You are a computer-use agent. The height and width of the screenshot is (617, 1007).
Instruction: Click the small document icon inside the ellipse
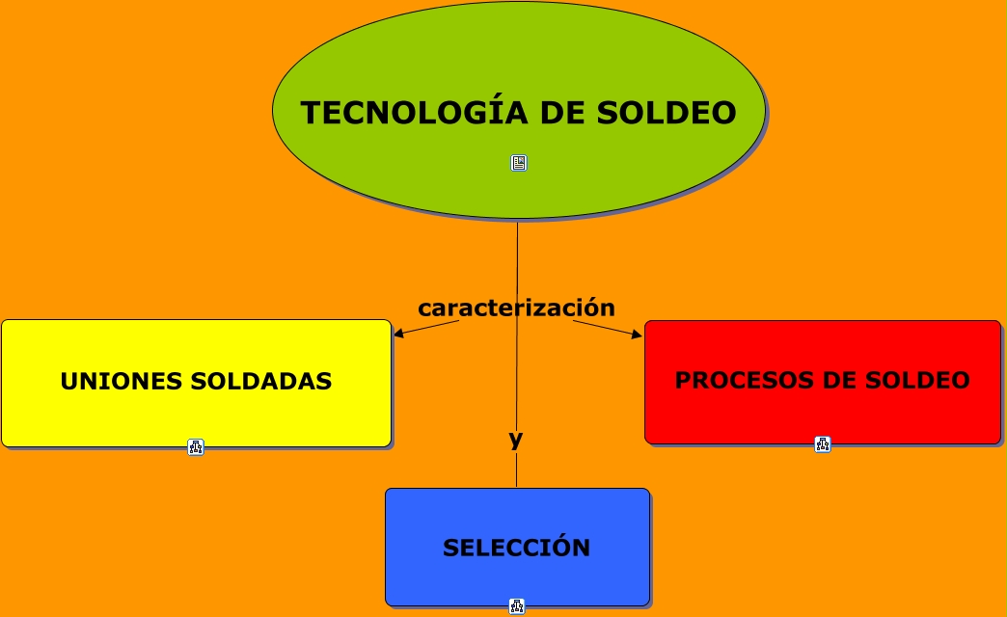click(x=519, y=163)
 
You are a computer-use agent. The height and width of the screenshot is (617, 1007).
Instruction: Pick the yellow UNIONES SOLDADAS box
click(x=196, y=415)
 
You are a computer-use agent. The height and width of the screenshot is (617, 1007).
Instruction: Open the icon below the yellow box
click(x=196, y=446)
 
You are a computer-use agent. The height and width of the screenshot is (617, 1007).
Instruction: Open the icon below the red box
click(x=823, y=444)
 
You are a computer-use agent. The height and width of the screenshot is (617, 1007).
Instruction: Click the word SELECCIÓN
click(x=517, y=549)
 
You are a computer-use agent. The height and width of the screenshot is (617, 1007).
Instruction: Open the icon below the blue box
click(x=517, y=606)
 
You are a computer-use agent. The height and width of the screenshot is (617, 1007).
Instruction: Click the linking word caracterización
click(x=516, y=308)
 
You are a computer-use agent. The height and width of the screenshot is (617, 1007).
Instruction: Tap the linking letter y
click(x=516, y=440)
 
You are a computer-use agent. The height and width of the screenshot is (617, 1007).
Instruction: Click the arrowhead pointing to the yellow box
click(x=396, y=335)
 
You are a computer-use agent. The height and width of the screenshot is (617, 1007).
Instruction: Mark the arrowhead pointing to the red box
click(x=638, y=335)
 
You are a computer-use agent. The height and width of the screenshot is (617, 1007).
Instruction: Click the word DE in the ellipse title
click(x=556, y=113)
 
